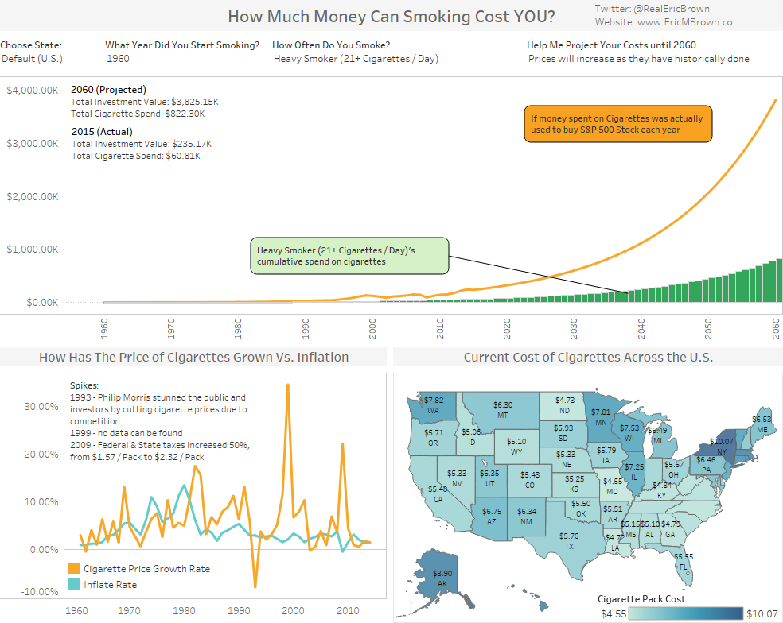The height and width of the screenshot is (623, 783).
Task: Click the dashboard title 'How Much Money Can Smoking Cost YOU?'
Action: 391,17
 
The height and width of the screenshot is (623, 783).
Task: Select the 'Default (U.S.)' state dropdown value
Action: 32,59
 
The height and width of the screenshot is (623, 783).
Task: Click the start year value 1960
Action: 118,59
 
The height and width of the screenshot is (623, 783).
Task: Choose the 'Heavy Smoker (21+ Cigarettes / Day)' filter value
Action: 356,59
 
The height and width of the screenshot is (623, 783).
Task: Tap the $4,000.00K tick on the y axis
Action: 32,91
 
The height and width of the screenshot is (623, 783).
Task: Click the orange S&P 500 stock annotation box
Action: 617,124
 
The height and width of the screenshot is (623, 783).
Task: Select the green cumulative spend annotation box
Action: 349,256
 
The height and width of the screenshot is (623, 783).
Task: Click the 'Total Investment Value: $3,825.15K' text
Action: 145,103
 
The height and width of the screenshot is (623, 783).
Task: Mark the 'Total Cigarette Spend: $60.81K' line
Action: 136,156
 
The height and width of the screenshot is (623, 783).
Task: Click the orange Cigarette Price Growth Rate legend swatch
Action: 74,569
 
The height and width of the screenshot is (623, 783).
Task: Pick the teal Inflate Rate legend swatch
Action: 74,584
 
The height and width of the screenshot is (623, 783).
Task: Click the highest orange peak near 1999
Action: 287,385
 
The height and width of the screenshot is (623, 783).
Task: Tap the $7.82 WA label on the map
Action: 434,405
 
